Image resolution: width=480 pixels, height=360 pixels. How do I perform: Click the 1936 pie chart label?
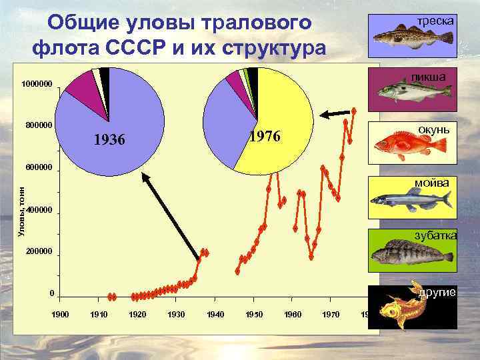(x=109, y=141)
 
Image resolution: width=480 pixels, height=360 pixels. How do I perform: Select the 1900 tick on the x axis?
(x=60, y=314)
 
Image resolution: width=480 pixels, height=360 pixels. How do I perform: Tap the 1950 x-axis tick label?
(x=255, y=314)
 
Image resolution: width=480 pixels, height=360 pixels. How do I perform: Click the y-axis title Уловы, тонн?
(x=21, y=211)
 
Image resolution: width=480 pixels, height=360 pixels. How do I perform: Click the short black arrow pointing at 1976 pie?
(x=337, y=115)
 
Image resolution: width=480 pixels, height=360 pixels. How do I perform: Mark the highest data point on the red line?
(x=354, y=110)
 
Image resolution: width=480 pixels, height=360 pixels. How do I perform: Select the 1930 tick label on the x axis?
(x=177, y=314)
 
